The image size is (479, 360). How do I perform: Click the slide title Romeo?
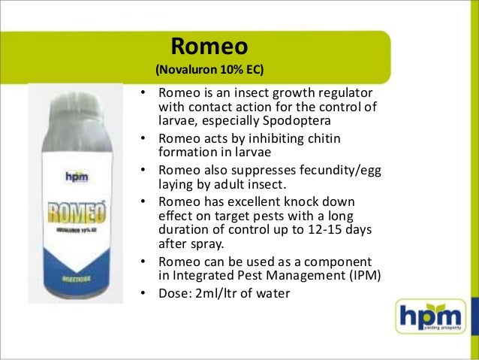210,47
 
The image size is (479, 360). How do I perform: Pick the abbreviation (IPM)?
359,274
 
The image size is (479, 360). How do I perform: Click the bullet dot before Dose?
142,292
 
